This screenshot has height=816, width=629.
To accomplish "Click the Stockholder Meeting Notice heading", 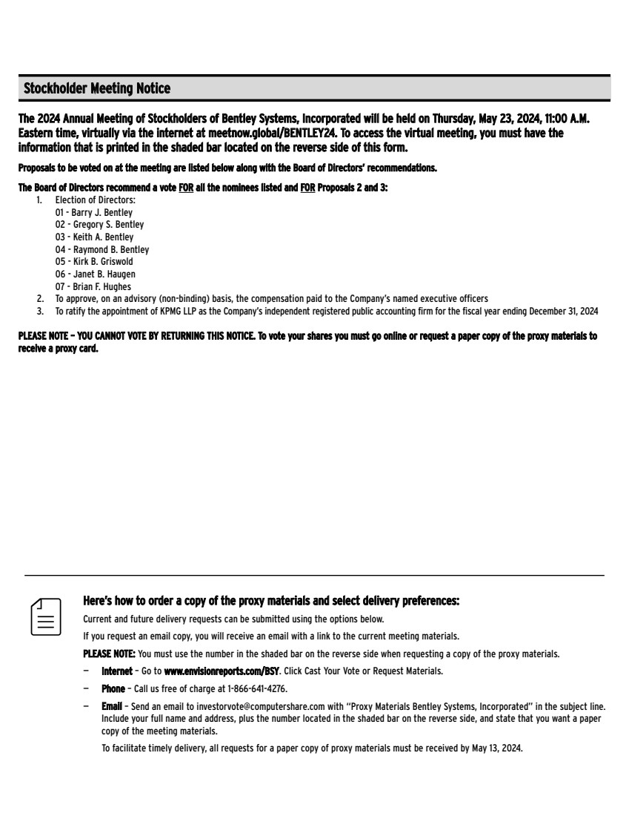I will (x=97, y=89).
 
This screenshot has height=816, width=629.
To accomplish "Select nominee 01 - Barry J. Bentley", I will (x=93, y=212).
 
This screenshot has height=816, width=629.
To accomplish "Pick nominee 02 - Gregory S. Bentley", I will (x=99, y=225).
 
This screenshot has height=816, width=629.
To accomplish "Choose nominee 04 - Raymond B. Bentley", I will (x=101, y=250).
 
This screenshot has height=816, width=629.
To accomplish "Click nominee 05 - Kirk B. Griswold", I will (x=94, y=262).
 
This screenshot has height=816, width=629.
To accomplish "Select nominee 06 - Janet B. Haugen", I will (x=95, y=274).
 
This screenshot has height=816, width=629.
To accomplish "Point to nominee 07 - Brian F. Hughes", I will (x=93, y=287).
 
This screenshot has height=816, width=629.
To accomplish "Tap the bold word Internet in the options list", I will (x=117, y=671).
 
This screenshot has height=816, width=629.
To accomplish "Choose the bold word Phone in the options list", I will (x=113, y=689).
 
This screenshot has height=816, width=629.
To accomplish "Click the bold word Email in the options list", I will (x=112, y=707).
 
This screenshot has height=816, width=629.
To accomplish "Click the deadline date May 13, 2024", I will (x=496, y=748).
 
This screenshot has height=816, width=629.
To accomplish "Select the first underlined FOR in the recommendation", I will (x=186, y=188).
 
